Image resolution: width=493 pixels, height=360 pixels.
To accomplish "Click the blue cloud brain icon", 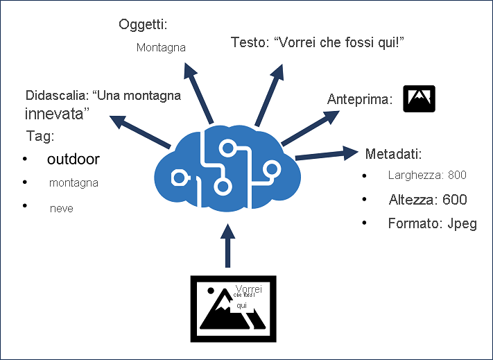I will [x=226, y=166].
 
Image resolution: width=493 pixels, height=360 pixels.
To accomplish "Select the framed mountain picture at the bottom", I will [x=233, y=307].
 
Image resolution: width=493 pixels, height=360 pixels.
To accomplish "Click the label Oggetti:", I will [x=144, y=26].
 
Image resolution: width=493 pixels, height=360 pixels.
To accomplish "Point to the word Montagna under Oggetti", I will [x=161, y=48].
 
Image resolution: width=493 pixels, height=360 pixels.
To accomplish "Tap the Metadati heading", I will [x=393, y=153].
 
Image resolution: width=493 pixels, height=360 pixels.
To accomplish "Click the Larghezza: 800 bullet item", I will [x=427, y=175].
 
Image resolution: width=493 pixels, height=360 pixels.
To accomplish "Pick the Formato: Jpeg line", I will [x=433, y=224].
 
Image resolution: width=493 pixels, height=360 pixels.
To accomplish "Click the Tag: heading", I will [x=40, y=135].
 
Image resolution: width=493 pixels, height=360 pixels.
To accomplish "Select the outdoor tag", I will [x=73, y=160].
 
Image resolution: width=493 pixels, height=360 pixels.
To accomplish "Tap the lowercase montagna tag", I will [x=73, y=184].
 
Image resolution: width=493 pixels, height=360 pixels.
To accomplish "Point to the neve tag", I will [x=62, y=208].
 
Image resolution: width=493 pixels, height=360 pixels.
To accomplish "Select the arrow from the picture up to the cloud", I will [x=226, y=246].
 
